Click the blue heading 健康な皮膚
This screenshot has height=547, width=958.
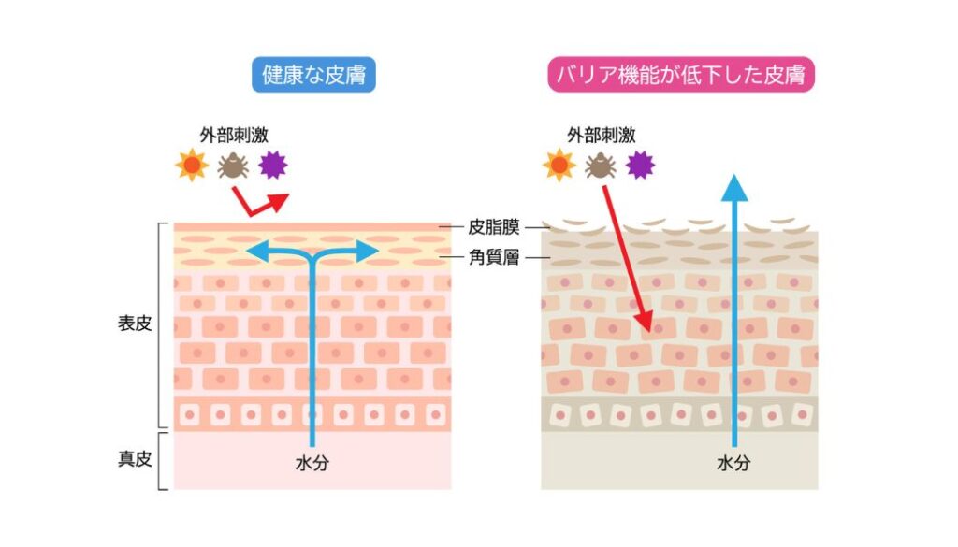(x=313, y=75)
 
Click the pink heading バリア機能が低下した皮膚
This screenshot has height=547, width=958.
(x=681, y=75)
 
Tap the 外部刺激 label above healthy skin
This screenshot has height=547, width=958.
(x=234, y=135)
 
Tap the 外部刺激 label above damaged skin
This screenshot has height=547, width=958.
(x=602, y=135)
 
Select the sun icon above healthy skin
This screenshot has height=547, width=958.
(x=192, y=165)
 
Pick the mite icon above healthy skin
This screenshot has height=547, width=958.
(x=233, y=165)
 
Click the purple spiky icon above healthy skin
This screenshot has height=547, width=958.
(x=272, y=165)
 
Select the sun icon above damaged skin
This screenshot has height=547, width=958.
(x=559, y=165)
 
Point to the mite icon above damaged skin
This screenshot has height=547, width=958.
(x=600, y=165)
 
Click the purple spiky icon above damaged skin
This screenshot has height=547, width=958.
(x=640, y=165)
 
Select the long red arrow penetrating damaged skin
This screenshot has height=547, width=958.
(x=628, y=259)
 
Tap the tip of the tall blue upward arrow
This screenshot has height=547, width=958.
(x=734, y=175)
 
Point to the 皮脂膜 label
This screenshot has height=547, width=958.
(x=494, y=227)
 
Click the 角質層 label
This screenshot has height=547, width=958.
(x=494, y=257)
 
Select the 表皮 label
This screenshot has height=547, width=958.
(x=135, y=323)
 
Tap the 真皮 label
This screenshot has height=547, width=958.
(x=135, y=458)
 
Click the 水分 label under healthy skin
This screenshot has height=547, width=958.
(x=312, y=464)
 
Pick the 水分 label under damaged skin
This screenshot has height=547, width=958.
(x=733, y=464)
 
